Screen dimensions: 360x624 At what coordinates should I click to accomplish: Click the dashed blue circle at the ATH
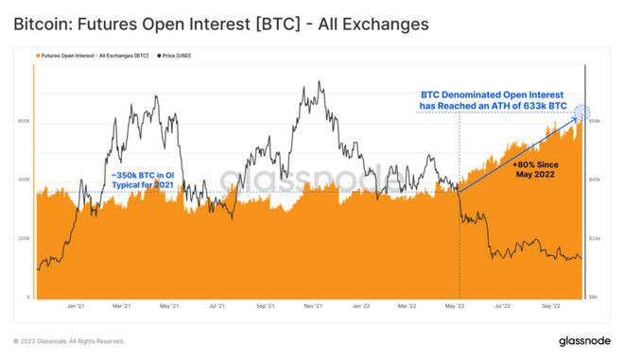(582, 112)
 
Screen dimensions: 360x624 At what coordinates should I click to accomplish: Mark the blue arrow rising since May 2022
(520, 152)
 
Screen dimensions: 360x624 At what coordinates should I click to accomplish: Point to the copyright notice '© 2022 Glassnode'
(69, 341)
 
